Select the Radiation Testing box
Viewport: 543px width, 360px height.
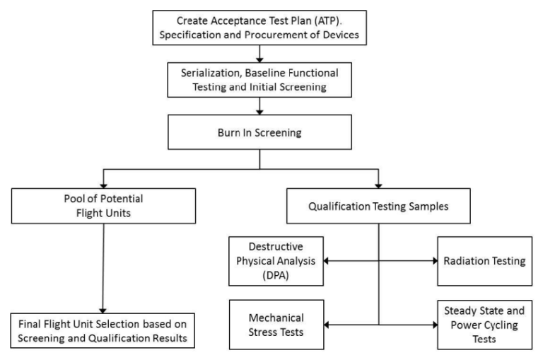point(481,261)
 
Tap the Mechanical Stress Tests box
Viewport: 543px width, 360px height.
point(276,325)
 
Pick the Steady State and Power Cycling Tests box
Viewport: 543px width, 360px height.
point(482,325)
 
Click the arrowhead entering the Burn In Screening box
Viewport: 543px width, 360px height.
point(260,113)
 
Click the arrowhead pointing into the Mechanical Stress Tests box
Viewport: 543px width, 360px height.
point(326,325)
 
